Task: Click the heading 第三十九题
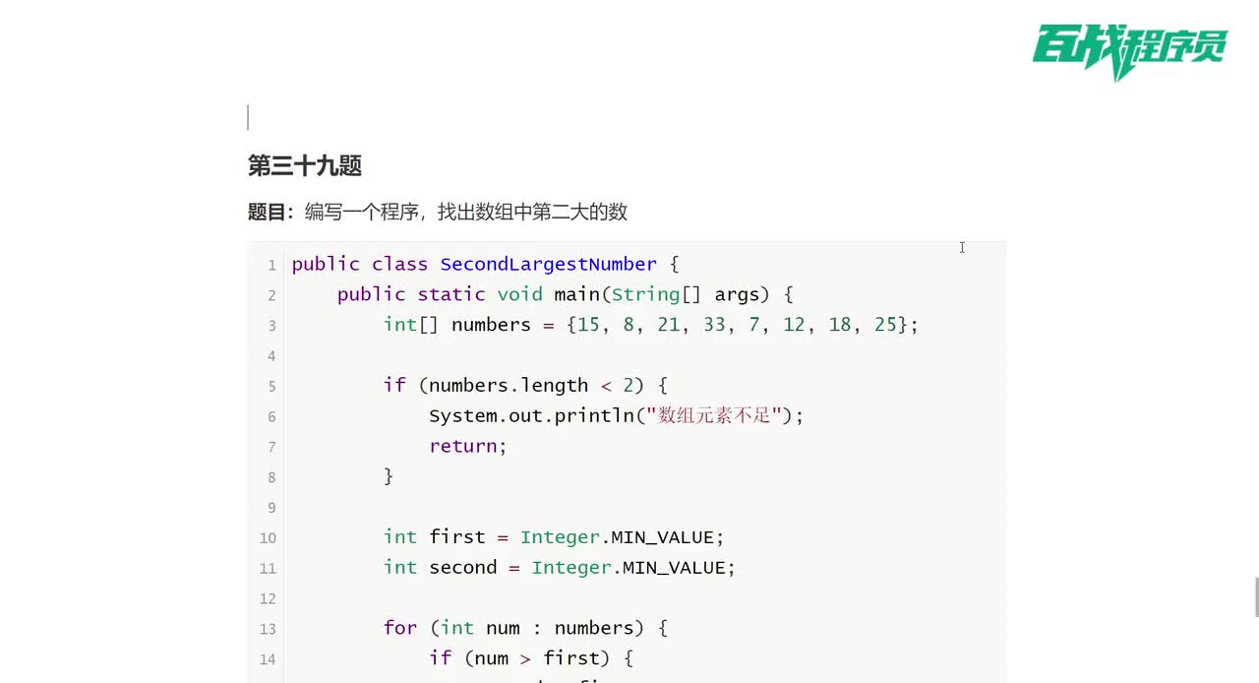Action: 305,166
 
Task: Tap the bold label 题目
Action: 267,213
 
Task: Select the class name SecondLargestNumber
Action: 549,264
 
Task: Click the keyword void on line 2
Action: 520,294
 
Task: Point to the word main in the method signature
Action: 577,294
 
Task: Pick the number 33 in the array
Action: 714,325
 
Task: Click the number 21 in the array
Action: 668,325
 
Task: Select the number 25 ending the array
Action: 885,325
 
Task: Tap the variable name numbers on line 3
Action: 491,325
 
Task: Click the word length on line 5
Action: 554,386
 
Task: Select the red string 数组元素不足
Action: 714,415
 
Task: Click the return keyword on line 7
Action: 463,446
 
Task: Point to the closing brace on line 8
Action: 389,476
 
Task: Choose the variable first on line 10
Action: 457,536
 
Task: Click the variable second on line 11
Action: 463,567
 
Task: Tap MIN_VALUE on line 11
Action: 674,568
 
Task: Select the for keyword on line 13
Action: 400,627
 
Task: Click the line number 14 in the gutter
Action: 268,658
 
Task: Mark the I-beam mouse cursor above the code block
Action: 962,248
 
